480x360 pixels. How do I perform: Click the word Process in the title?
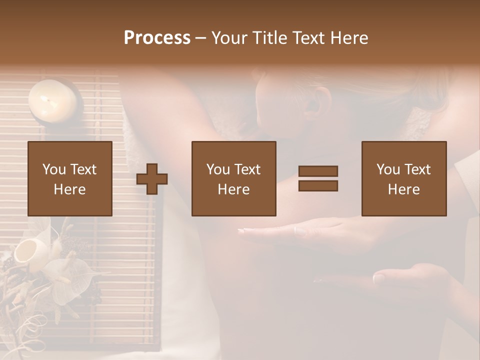[x=157, y=37]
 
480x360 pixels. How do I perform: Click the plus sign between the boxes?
[x=152, y=178]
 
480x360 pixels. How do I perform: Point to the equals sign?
[x=318, y=178]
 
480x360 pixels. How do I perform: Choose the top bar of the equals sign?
[x=318, y=171]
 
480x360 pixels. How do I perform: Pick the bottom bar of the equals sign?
[x=318, y=186]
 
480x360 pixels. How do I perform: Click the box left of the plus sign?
[x=70, y=178]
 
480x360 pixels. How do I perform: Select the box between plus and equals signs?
[x=233, y=178]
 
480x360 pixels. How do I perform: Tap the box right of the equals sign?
[x=403, y=178]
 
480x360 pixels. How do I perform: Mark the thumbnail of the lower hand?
[x=379, y=278]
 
